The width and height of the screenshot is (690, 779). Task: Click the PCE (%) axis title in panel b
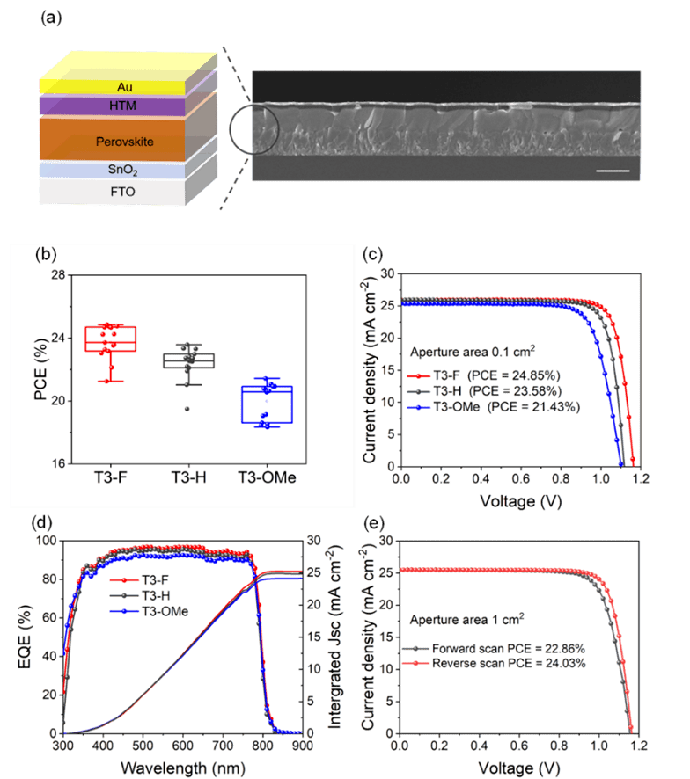click(40, 369)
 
